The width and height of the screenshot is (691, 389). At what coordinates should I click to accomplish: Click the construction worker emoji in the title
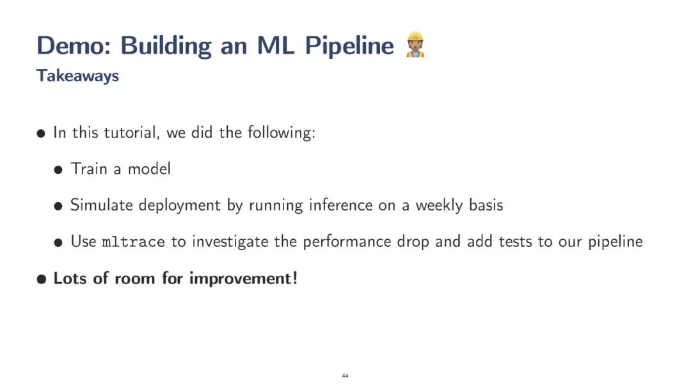[415, 45]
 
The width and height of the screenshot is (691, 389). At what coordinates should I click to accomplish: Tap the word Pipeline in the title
[349, 46]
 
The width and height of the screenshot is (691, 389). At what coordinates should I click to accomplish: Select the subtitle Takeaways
[77, 75]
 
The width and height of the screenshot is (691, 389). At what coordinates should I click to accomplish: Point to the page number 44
[345, 376]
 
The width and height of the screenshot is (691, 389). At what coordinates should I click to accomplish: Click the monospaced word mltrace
[133, 241]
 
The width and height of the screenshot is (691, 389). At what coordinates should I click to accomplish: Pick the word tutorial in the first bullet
[131, 132]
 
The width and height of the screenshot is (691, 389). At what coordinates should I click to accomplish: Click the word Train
[89, 169]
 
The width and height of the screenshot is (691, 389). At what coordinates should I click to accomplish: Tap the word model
[149, 169]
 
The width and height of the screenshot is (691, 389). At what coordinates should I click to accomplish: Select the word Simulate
[101, 205]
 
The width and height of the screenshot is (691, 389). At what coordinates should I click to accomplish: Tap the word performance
[347, 242]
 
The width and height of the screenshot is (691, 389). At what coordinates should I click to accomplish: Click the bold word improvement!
[243, 279]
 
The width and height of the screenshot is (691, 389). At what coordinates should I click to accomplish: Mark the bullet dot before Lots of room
[42, 279]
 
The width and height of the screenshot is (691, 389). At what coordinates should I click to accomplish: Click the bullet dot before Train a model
[58, 170]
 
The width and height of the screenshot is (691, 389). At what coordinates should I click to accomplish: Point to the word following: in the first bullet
[282, 132]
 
